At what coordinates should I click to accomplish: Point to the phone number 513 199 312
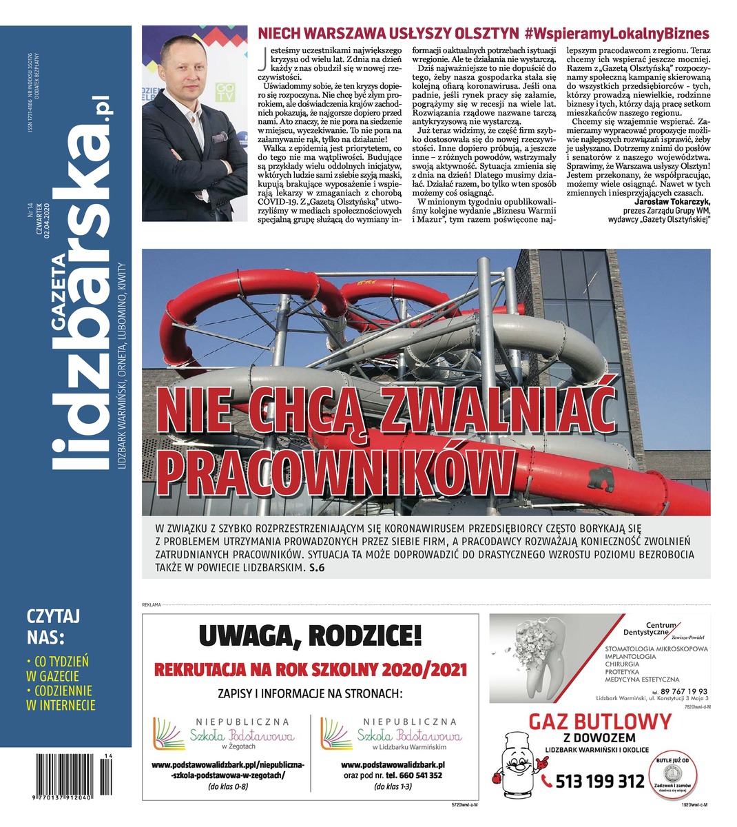tap(592, 782)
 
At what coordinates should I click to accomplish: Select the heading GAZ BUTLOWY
tap(599, 722)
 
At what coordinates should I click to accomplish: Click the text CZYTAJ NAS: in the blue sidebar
tap(54, 625)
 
